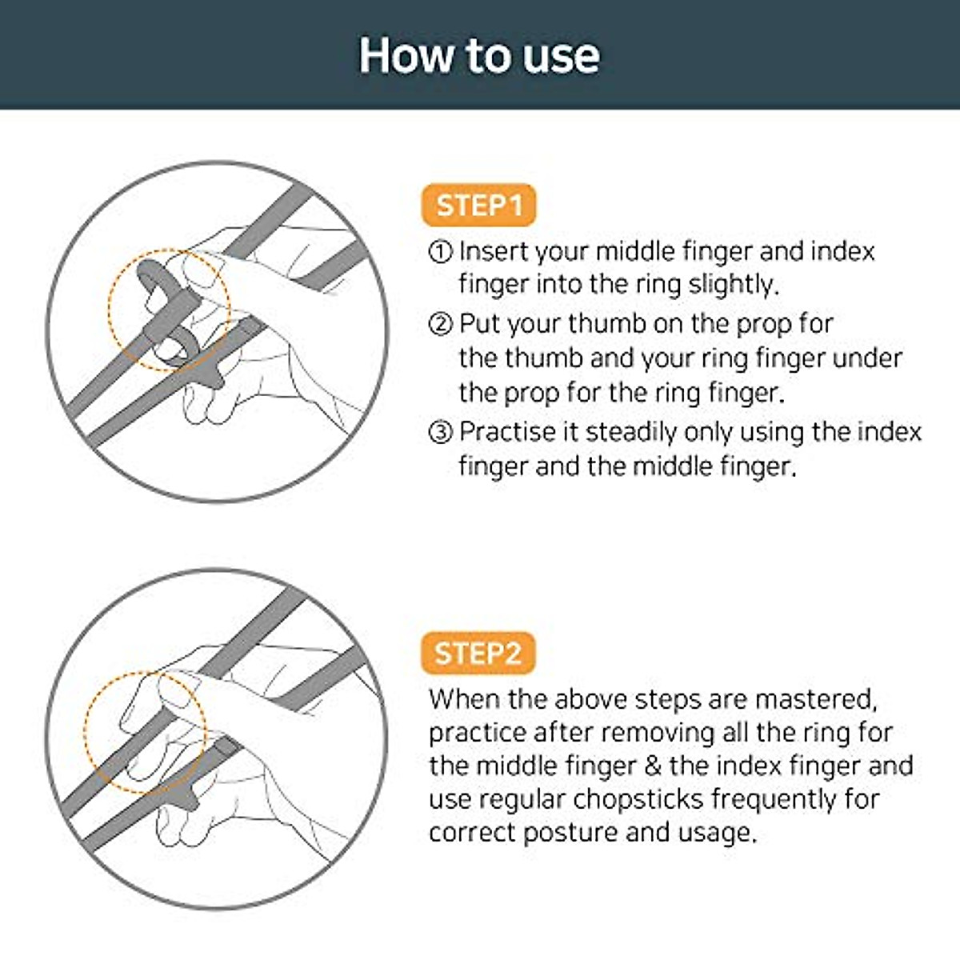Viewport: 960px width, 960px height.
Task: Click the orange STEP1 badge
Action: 478,206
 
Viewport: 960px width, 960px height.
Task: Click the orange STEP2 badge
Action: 478,654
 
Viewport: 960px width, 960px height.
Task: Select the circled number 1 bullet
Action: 441,252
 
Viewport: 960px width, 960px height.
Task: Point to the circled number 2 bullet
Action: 441,324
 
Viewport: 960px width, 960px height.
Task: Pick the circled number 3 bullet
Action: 441,433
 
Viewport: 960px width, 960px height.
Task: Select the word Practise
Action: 509,432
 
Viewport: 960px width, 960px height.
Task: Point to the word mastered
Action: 816,699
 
